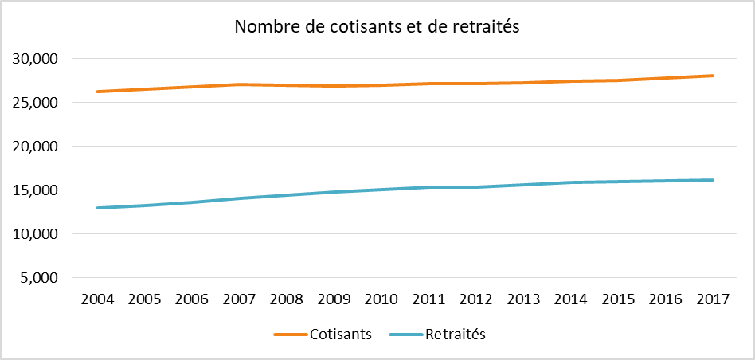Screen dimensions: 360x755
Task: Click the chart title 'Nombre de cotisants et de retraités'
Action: pyautogui.click(x=377, y=28)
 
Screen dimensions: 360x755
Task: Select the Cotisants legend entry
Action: pyautogui.click(x=323, y=335)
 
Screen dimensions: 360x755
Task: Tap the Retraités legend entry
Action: pyautogui.click(x=437, y=335)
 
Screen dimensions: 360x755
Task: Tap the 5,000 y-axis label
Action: pyautogui.click(x=37, y=278)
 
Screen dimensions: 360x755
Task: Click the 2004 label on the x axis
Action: pyautogui.click(x=97, y=299)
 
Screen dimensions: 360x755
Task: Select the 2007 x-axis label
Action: pyautogui.click(x=239, y=299)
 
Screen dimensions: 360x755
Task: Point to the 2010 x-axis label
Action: pyautogui.click(x=381, y=299)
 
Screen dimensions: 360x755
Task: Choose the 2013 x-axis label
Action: pyautogui.click(x=523, y=299)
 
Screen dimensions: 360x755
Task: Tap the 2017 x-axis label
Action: pyautogui.click(x=713, y=299)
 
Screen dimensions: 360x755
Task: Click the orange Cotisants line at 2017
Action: pyautogui.click(x=713, y=76)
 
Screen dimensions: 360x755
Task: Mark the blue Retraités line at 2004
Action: pyautogui.click(x=97, y=208)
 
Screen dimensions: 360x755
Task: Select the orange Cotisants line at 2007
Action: pyautogui.click(x=239, y=84)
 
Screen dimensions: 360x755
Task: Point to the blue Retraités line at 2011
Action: pyautogui.click(x=428, y=187)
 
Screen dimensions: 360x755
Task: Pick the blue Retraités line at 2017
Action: pyautogui.click(x=713, y=180)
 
